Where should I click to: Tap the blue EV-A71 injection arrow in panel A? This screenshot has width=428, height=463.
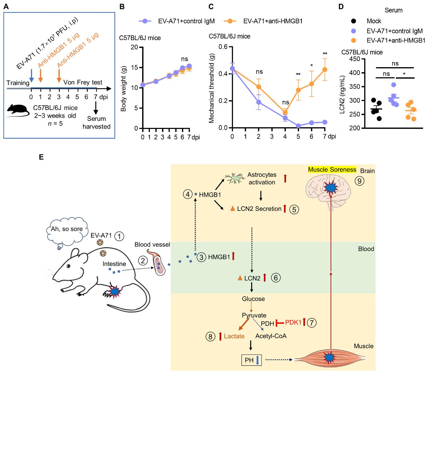31,76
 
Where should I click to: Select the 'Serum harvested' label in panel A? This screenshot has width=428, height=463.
96,122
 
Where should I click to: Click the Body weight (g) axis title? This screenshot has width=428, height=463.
124,89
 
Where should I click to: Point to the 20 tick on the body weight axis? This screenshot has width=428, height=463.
134,47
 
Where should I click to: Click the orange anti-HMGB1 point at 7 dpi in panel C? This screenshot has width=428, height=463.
325,70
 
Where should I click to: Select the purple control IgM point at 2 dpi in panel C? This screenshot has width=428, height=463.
259,102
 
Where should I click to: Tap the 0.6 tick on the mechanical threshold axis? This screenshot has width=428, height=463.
223,47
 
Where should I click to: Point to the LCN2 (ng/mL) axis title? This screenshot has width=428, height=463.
342,94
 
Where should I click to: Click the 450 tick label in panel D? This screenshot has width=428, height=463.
354,59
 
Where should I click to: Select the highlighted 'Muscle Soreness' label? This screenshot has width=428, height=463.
332,169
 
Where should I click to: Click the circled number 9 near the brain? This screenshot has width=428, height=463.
359,181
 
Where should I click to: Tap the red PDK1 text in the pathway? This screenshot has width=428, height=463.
293,322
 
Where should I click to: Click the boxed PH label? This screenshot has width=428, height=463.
251,360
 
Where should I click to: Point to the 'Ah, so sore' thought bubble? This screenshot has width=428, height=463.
67,229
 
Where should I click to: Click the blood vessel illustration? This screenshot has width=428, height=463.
157,263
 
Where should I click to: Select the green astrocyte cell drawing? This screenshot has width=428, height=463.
234,178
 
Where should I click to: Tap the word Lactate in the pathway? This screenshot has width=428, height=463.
234,336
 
